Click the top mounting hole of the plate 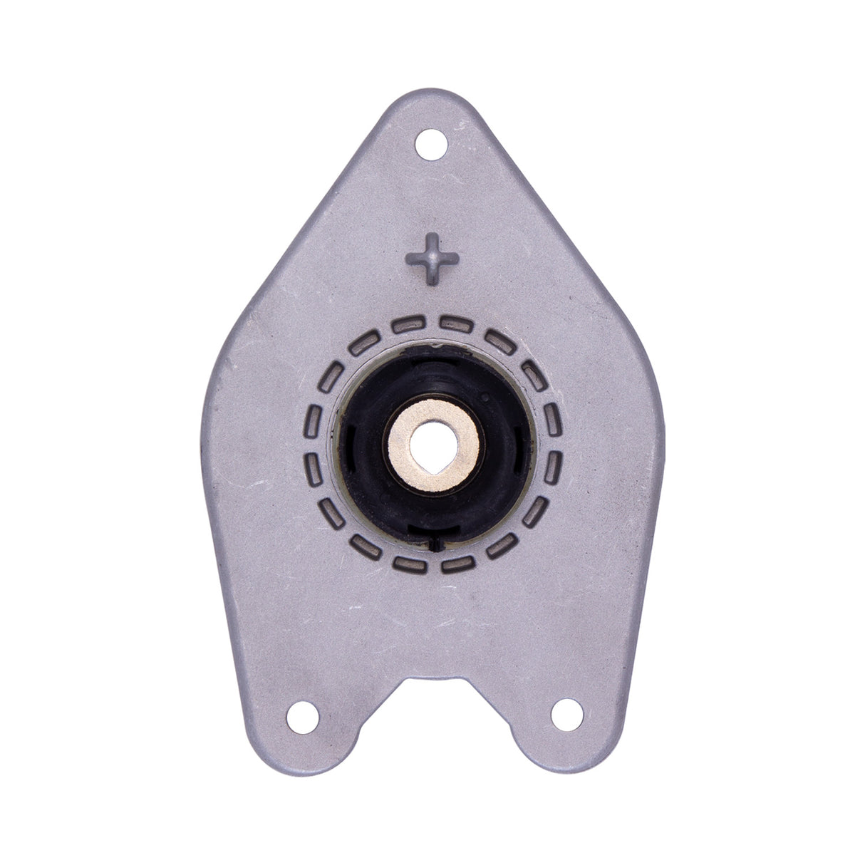tap(430, 145)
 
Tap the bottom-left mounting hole tap(303, 713)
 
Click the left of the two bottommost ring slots tap(408, 565)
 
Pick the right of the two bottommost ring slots tap(457, 565)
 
